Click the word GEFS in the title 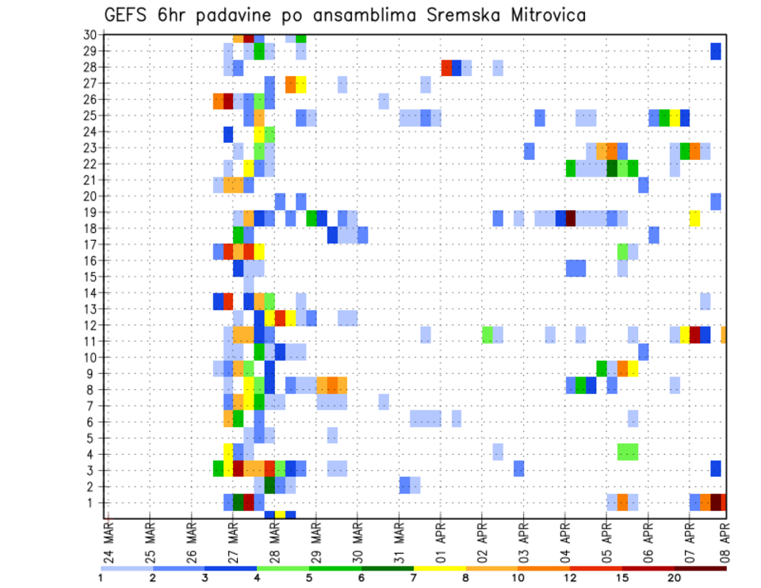pyautogui.click(x=125, y=15)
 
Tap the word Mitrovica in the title pyautogui.click(x=541, y=15)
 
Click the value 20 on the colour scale pyautogui.click(x=674, y=577)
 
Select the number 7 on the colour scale pyautogui.click(x=413, y=577)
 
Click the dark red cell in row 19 pyautogui.click(x=570, y=218)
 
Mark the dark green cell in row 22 pyautogui.click(x=611, y=168)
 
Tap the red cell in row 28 pyautogui.click(x=446, y=67)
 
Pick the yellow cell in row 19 pyautogui.click(x=694, y=218)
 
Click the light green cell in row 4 pyautogui.click(x=628, y=452)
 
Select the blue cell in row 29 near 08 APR pyautogui.click(x=716, y=52)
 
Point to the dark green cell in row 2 pyautogui.click(x=270, y=484)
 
